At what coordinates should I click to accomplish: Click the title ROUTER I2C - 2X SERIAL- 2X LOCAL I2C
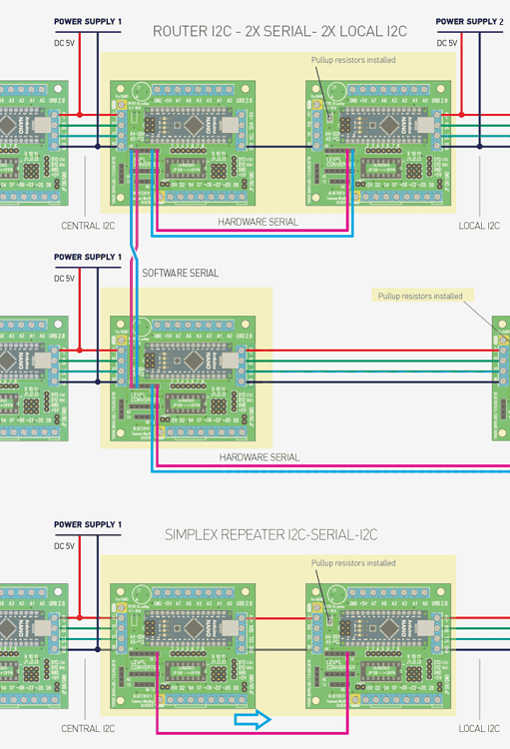point(279,31)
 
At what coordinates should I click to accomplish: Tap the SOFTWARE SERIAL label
point(181,273)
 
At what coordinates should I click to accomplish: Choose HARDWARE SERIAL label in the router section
point(258,222)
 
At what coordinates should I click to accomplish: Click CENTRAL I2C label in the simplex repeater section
point(88,729)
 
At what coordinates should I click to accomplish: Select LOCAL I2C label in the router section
point(479,226)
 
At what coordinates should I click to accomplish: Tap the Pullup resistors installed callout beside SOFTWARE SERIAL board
point(419,296)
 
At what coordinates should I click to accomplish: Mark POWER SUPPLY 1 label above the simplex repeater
point(88,524)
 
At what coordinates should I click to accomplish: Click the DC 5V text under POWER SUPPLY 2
point(448,43)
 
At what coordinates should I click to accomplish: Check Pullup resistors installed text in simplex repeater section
point(353,563)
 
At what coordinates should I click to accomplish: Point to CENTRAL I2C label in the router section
point(88,226)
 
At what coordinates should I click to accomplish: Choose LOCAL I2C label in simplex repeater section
point(479,729)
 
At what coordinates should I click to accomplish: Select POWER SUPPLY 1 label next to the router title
point(88,21)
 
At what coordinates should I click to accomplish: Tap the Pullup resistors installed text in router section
point(353,60)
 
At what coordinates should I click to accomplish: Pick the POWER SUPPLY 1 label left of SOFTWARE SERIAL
point(88,257)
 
